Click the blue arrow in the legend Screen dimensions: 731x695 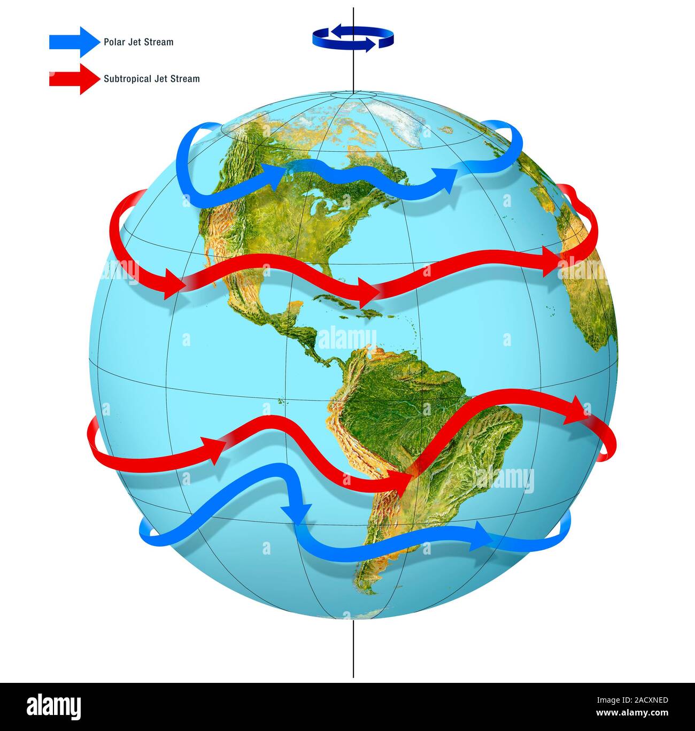pyautogui.click(x=74, y=42)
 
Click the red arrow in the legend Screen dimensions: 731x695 pyautogui.click(x=74, y=79)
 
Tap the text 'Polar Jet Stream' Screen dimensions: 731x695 pyautogui.click(x=138, y=42)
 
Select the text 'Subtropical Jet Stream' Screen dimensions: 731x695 pyautogui.click(x=152, y=79)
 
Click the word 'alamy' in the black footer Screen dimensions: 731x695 pyautogui.click(x=54, y=706)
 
